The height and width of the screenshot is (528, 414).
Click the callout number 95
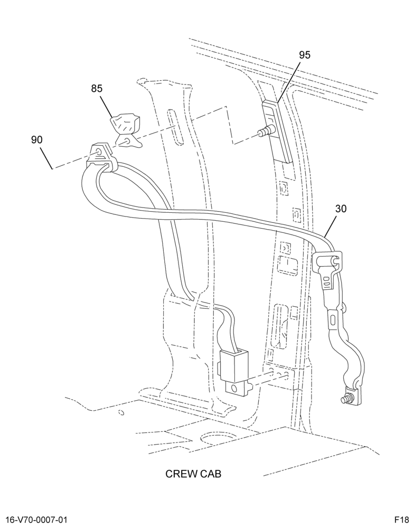pyautogui.click(x=305, y=55)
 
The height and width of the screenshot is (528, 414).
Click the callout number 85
pyautogui.click(x=96, y=89)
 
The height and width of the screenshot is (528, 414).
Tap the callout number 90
pyautogui.click(x=37, y=139)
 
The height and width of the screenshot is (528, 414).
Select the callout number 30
pyautogui.click(x=341, y=209)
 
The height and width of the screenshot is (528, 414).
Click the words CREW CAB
pyautogui.click(x=193, y=474)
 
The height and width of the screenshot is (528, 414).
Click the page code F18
pyautogui.click(x=402, y=520)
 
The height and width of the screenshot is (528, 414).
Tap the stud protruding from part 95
pyautogui.click(x=267, y=130)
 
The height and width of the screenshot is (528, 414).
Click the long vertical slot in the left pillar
pyautogui.click(x=175, y=127)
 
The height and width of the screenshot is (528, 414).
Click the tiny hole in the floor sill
pyautogui.click(x=121, y=412)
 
